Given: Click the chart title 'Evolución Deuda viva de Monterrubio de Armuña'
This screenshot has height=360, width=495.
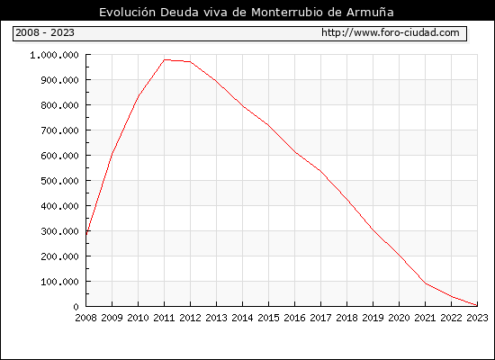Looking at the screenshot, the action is pos(247,13).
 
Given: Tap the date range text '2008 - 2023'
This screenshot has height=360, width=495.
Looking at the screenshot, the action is pos(45,32).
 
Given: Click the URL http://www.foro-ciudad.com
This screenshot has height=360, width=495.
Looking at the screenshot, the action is pos(391,32).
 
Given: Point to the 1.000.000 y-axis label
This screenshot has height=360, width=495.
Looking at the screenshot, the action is pos(54,55).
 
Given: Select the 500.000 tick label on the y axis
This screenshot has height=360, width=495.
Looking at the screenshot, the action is pos(59,181).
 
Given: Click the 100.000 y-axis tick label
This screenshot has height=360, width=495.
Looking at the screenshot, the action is pos(59,282).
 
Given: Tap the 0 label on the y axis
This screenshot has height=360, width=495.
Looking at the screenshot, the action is pos(76,307).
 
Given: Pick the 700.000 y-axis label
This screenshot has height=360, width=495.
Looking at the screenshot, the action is pos(59,130).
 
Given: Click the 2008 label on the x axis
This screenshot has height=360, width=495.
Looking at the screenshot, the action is pos(85,318).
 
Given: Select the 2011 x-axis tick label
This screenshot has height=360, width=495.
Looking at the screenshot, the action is pos(164,318).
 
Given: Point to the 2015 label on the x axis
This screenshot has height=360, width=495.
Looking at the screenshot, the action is pos(269,318).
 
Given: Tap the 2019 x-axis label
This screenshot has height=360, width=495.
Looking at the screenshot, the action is pos(373,318).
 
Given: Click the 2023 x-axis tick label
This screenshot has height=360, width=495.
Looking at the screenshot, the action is pos(477,318).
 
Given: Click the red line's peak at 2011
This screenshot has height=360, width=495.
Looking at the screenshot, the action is pos(165,59).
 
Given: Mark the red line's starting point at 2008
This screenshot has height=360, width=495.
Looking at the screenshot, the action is pos(86,234).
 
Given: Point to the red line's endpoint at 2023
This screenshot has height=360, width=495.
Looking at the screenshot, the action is pos(477,305).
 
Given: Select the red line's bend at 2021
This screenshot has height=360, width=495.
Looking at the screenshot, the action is pos(426,283).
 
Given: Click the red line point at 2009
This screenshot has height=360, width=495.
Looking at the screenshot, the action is pos(112,154).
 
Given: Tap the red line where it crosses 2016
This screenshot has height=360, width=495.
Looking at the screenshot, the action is pos(295,152).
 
